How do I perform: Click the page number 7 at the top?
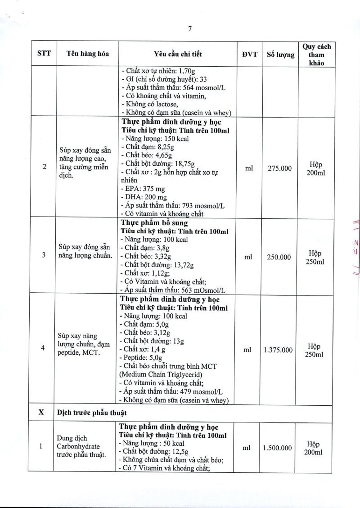[x=190, y=28]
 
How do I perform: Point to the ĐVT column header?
[x=248, y=54]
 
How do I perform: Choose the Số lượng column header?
[x=278, y=54]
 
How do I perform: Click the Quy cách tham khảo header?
[x=316, y=54]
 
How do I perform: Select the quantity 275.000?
[x=278, y=168]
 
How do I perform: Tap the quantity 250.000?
[x=278, y=257]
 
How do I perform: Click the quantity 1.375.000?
[x=278, y=350]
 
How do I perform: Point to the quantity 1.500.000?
[x=278, y=448]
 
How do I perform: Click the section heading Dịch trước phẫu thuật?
[x=92, y=413]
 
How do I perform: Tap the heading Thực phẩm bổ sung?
[x=154, y=223]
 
